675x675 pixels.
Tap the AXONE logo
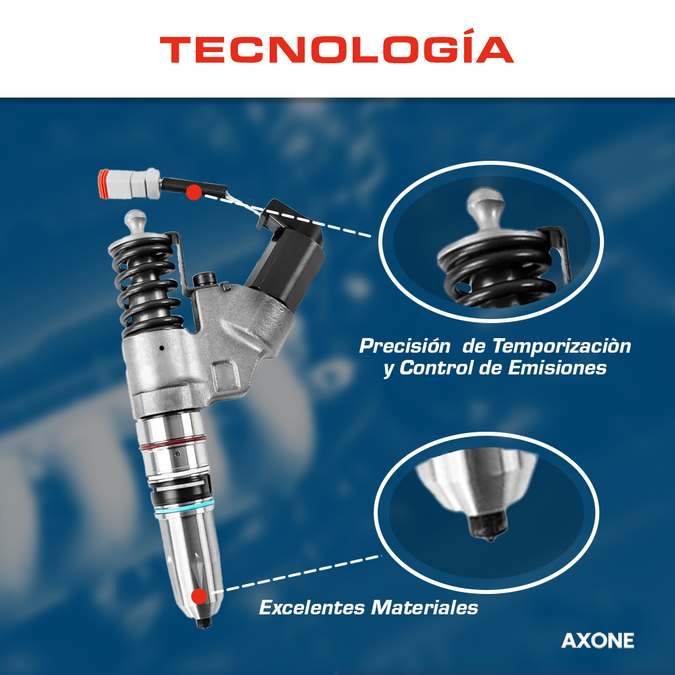pos(597,641)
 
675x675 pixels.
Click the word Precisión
pos(405,346)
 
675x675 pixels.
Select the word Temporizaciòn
pos(562,346)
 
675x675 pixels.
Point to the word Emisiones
pos(557,368)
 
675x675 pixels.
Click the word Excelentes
pos(312,608)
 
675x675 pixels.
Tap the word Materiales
pos(425,608)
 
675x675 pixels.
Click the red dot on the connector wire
pos(194,192)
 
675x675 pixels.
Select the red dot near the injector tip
pos(199,597)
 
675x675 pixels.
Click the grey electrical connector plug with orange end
pos(129,184)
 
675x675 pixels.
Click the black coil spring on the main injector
pos(146,284)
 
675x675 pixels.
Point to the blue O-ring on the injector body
pos(183,507)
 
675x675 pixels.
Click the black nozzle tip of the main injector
pos(204,622)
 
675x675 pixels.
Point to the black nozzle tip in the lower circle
pos(488,525)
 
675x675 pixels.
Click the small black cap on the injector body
pos(204,279)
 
